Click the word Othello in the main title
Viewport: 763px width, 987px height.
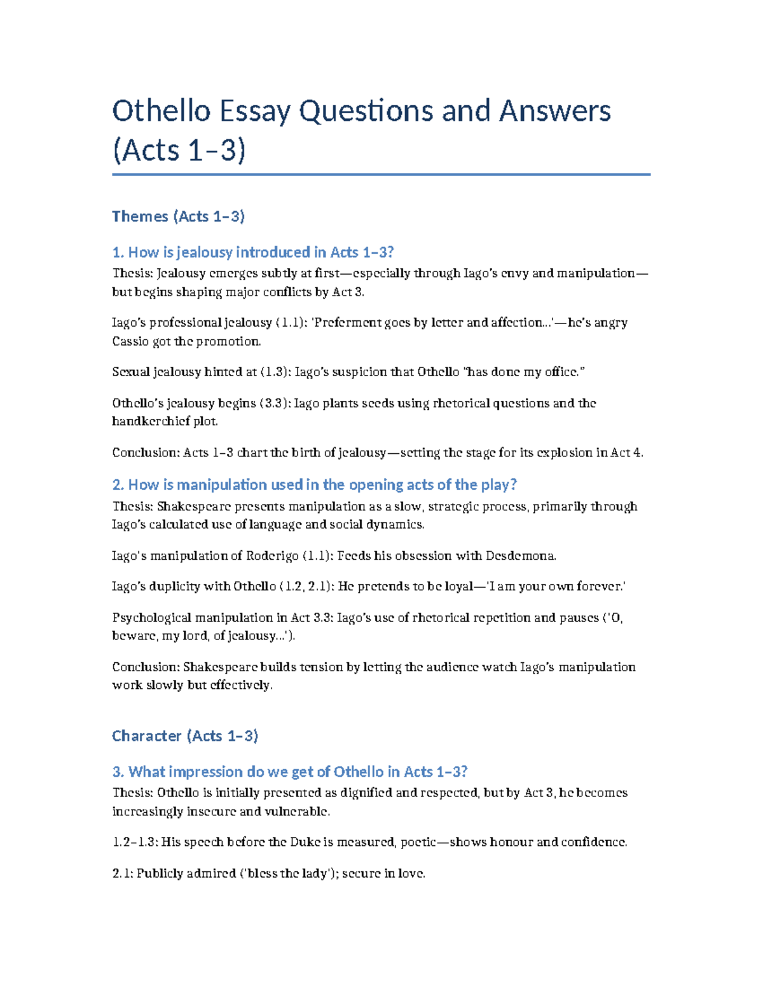click(161, 111)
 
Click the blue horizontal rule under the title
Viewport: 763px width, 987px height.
click(381, 174)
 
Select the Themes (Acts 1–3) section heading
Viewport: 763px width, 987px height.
click(178, 217)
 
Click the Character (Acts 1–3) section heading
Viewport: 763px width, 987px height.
click(184, 736)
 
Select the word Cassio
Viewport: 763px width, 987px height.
click(129, 341)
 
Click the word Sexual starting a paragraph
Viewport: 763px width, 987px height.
click(130, 372)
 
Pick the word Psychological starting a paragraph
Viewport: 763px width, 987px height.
click(151, 618)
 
